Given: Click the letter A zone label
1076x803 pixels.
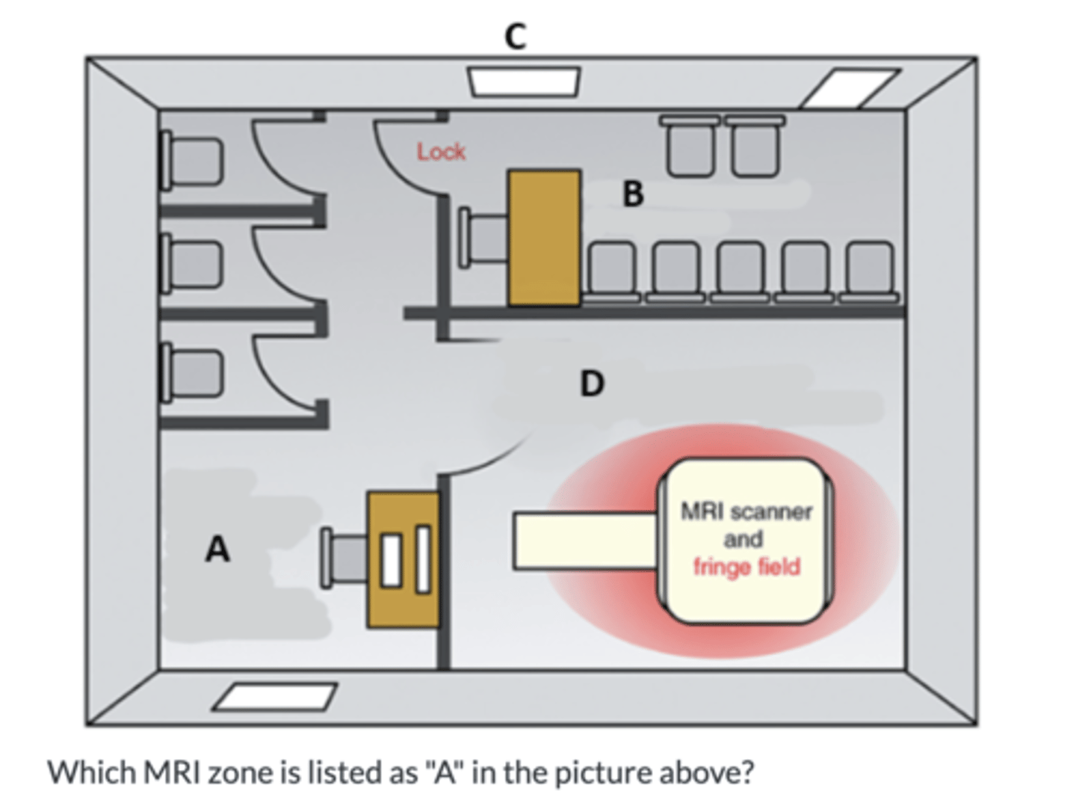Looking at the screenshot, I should point(217,550).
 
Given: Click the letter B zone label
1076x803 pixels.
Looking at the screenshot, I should point(633,194).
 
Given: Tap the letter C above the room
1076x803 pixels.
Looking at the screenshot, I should point(516,35).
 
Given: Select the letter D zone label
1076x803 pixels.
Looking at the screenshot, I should point(592,384).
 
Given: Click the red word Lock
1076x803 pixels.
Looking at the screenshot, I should point(441,152).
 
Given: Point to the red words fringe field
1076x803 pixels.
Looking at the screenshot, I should point(746,567).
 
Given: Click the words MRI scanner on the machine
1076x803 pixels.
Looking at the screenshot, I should point(746,512).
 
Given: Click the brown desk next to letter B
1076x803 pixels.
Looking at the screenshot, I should point(544,238).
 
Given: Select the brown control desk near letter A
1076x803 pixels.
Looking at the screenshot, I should point(403,559).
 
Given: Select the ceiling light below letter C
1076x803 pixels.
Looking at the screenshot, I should point(525,81).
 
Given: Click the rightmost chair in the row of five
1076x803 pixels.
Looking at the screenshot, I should point(869,270).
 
